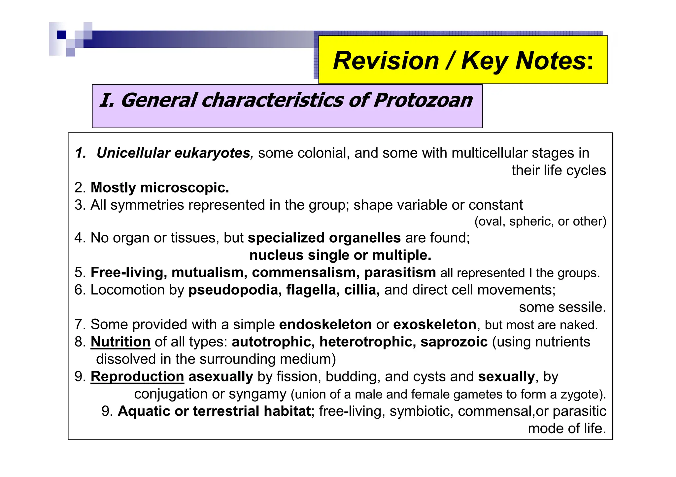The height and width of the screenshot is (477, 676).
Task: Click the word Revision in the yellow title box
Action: click(x=386, y=61)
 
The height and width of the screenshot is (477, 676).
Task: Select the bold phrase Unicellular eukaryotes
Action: click(x=173, y=153)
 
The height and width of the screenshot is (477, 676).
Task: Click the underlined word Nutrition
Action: click(x=120, y=342)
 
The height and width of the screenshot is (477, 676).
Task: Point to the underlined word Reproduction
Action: click(x=137, y=376)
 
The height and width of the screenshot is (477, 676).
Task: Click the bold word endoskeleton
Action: click(x=325, y=325)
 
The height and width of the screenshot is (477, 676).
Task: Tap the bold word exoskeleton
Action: click(x=435, y=325)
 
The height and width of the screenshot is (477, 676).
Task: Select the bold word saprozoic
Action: click(x=454, y=342)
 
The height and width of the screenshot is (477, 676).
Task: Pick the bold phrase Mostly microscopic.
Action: click(x=160, y=188)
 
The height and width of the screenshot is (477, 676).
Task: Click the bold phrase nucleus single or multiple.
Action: click(x=340, y=255)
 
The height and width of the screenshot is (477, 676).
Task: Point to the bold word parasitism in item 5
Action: click(x=400, y=273)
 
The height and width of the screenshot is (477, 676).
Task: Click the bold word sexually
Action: click(x=506, y=376)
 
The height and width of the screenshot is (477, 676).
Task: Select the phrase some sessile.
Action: click(x=562, y=307)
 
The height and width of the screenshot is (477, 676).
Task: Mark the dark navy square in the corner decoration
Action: click(x=62, y=35)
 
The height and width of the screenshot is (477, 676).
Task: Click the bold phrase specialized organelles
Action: click(x=324, y=238)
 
